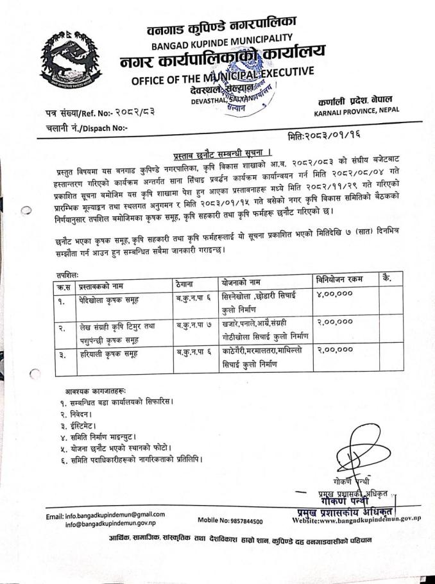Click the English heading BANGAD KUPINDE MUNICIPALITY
pyautogui.click(x=222, y=42)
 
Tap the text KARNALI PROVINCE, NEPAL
pyautogui.click(x=356, y=110)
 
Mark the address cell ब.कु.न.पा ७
pyautogui.click(x=196, y=325)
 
